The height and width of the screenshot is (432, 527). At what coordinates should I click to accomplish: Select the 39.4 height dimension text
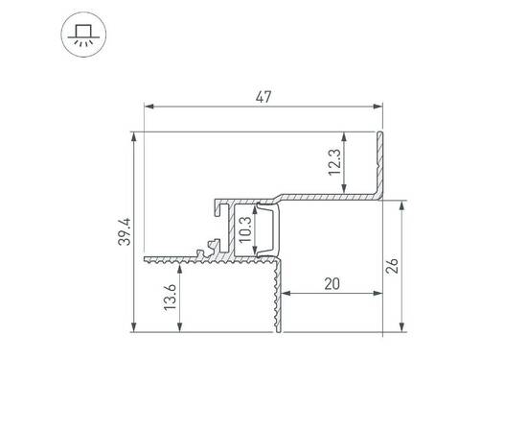click(124, 231)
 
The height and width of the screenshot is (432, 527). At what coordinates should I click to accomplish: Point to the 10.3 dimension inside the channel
click(245, 231)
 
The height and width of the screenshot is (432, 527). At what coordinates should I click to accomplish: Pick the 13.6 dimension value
click(170, 299)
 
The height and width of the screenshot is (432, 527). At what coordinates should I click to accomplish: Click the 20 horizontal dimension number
click(332, 283)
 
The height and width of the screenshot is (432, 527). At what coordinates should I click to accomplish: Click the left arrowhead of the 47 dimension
click(147, 107)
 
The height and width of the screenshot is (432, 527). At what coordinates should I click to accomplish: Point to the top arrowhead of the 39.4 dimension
click(133, 134)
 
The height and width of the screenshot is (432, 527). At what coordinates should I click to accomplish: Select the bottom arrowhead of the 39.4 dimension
click(133, 331)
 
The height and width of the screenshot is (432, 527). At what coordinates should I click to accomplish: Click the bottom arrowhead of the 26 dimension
click(401, 331)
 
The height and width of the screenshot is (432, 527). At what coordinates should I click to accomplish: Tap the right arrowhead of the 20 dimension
click(378, 294)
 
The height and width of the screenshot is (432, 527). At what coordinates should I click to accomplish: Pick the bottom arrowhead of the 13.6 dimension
click(179, 331)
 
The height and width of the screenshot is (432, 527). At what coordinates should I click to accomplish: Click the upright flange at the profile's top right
click(381, 163)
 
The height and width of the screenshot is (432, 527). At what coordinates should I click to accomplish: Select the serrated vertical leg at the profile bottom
click(279, 298)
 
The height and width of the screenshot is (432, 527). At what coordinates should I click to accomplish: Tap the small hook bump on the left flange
click(202, 252)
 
